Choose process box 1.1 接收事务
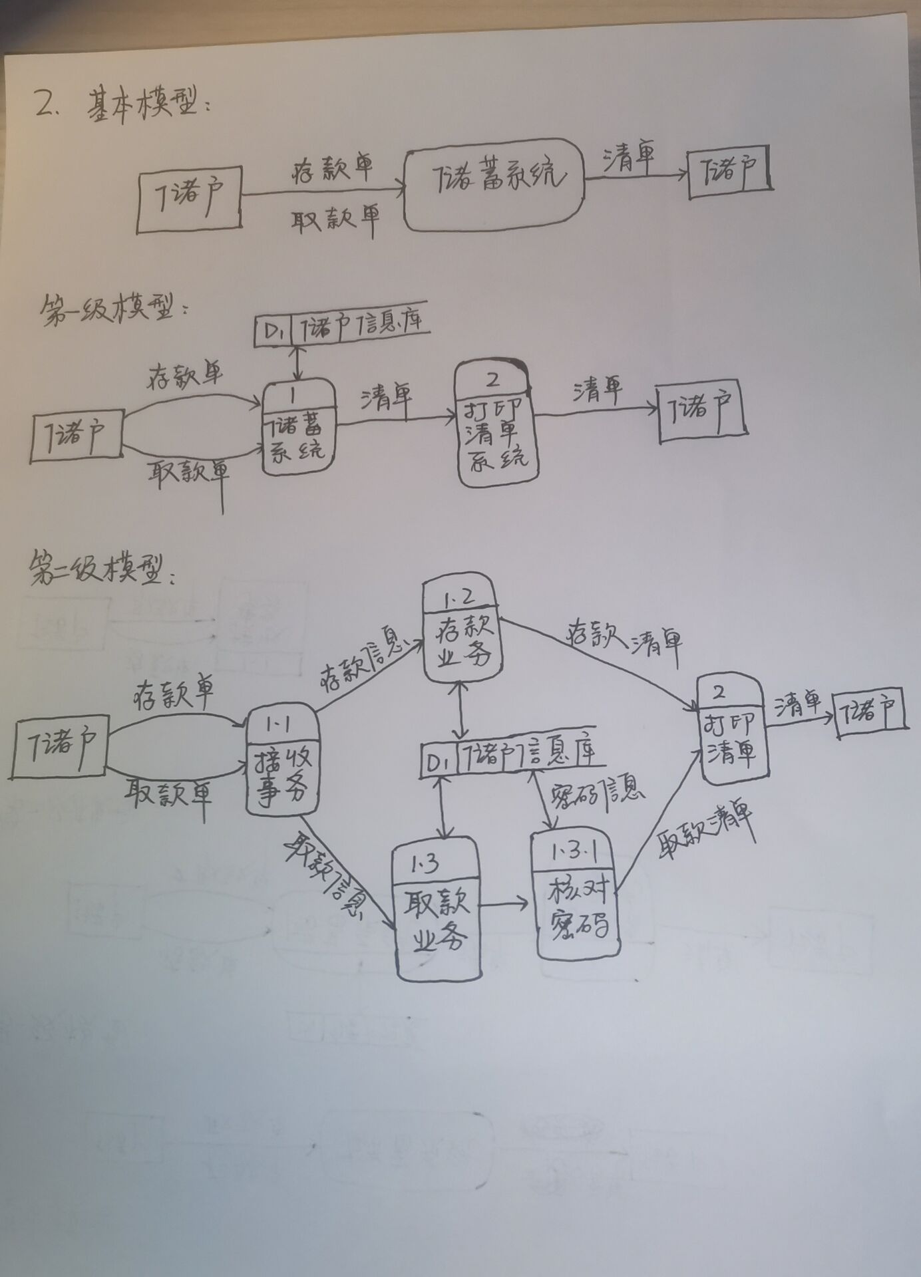(282, 760)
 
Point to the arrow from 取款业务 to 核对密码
(504, 905)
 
